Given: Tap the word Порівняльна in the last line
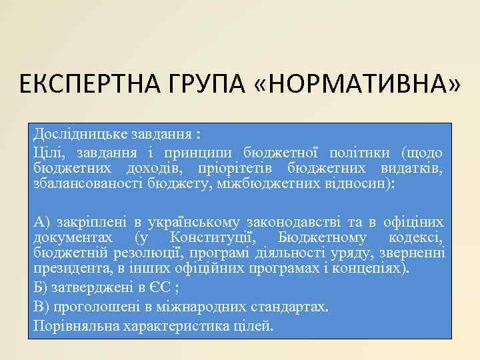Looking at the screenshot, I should click(73, 326).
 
